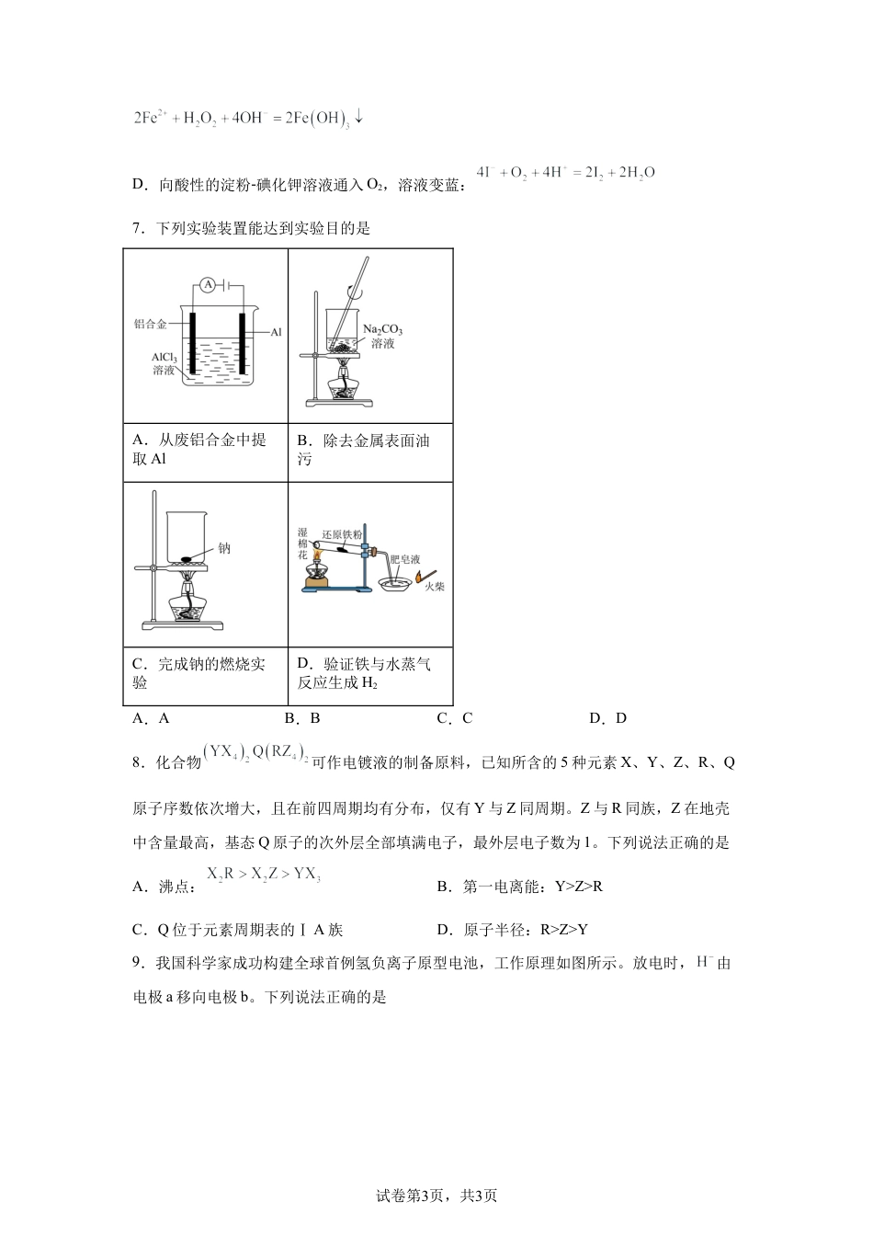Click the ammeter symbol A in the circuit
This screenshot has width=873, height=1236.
[x=209, y=286]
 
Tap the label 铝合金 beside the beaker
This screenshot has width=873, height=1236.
[x=150, y=324]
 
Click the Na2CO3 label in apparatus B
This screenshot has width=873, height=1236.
[x=382, y=330]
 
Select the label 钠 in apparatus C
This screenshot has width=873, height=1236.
[x=224, y=549]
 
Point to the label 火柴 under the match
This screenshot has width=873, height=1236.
[x=434, y=586]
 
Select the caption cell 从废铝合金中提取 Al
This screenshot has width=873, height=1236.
[x=205, y=450]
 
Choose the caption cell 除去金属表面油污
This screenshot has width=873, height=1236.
[x=369, y=450]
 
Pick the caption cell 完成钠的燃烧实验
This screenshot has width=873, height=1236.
[x=205, y=673]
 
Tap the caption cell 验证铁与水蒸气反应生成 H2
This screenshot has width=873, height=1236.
[x=369, y=673]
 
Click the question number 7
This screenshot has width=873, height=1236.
[x=137, y=229]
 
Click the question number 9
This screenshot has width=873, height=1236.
[x=137, y=963]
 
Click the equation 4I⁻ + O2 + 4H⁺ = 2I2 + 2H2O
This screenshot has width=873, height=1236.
[x=566, y=173]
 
